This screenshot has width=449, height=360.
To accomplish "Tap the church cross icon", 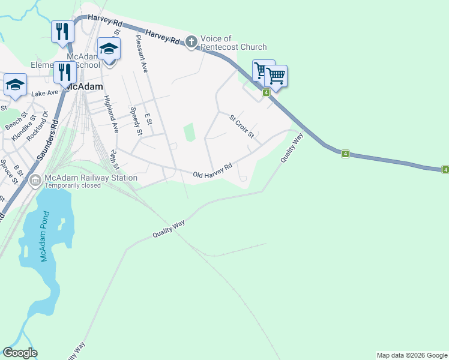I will click(x=191, y=41).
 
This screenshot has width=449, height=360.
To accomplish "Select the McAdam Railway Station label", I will click(x=90, y=178).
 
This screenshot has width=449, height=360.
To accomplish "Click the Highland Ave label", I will click(x=110, y=114).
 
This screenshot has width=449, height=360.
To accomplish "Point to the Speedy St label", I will click(x=136, y=121).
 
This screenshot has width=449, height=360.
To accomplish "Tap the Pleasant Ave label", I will click(x=142, y=53).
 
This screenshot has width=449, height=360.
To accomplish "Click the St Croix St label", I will click(x=243, y=127).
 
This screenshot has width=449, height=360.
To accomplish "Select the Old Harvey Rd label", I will click(x=212, y=171).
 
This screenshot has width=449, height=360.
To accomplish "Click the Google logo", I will click(x=20, y=353).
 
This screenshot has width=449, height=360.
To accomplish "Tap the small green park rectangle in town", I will click(x=189, y=132).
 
